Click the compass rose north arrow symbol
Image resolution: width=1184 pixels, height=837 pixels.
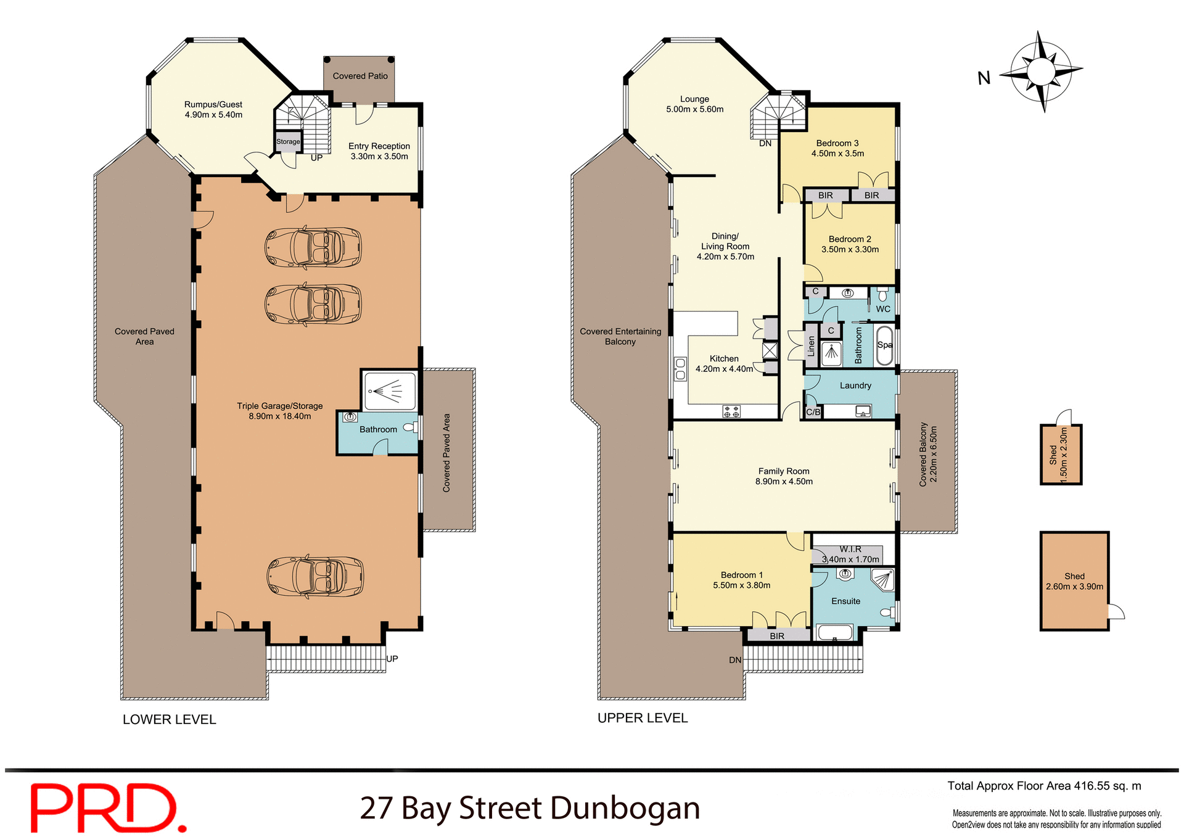[1042, 72]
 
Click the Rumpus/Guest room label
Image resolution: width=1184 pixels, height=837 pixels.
[213, 109]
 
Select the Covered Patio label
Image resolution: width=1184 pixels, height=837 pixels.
[360, 76]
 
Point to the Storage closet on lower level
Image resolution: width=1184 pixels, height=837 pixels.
[288, 141]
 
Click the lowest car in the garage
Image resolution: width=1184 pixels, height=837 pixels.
[314, 576]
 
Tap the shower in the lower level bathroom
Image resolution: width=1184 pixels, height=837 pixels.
[389, 390]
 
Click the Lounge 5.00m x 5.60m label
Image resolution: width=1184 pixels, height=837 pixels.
[694, 104]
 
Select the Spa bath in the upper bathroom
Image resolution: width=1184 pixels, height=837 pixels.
[885, 345]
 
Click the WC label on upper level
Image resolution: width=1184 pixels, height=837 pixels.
[883, 309]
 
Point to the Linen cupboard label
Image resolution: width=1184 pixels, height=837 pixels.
[811, 347]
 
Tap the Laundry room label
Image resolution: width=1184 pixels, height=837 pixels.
[855, 386]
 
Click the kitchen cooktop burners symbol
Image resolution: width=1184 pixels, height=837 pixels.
[731, 411]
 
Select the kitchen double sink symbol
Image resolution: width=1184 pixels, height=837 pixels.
[680, 369]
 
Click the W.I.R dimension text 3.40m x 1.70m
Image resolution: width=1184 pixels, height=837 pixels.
[850, 559]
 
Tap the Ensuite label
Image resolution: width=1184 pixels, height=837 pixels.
[845, 601]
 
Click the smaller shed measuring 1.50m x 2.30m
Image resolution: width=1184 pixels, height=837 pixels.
[1061, 455]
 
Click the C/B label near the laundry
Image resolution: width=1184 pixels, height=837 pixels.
[813, 412]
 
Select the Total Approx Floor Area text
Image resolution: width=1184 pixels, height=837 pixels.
[1044, 786]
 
